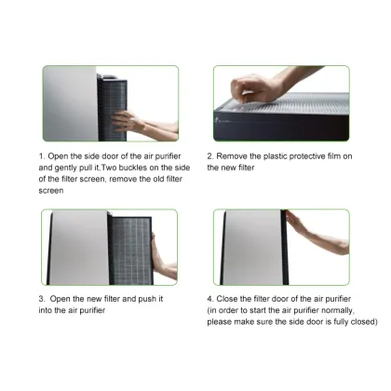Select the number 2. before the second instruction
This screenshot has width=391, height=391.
click(209, 157)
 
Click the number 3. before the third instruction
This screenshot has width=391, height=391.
click(41, 299)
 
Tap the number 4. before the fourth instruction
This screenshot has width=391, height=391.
click(209, 299)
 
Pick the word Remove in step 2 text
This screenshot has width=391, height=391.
click(236, 157)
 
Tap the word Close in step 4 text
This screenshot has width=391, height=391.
click(232, 299)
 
